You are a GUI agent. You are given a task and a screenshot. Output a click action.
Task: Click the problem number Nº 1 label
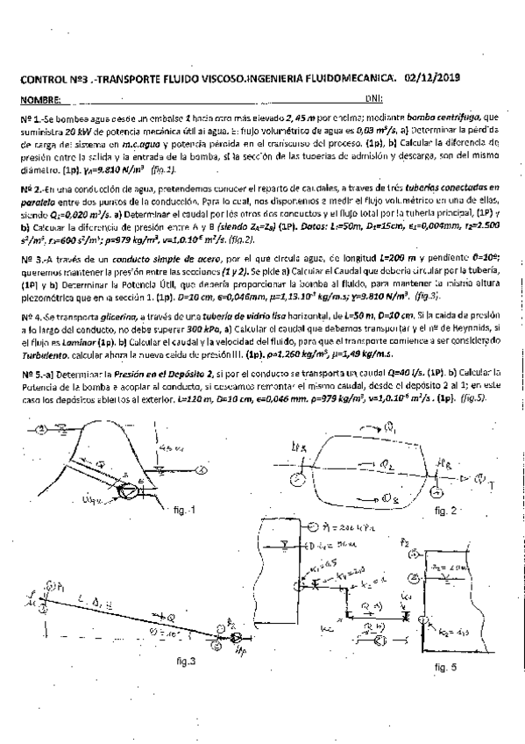click(29, 117)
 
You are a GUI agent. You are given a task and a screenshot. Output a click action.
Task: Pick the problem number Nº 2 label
click(29, 188)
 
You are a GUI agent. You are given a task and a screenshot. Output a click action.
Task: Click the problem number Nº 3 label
click(29, 260)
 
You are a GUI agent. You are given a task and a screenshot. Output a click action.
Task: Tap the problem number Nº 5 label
click(29, 373)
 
